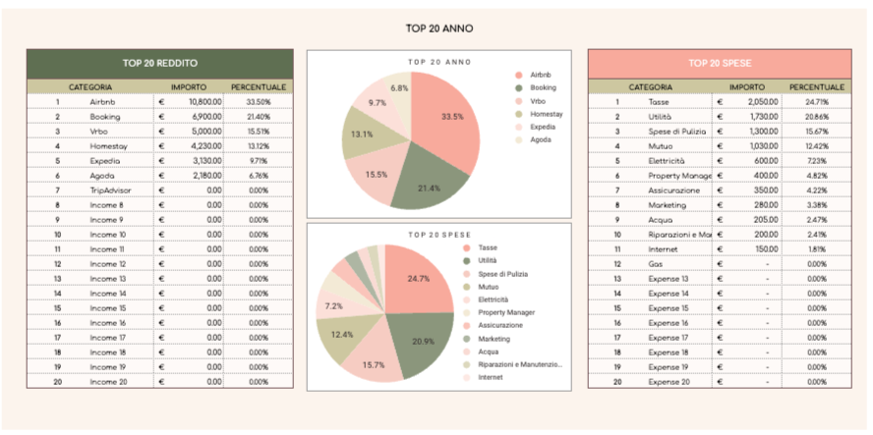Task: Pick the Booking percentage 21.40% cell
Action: pos(259,116)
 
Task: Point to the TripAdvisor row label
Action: pos(110,190)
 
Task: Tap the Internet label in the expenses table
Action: pos(664,248)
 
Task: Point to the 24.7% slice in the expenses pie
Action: pos(418,280)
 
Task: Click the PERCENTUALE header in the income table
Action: pos(258,87)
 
